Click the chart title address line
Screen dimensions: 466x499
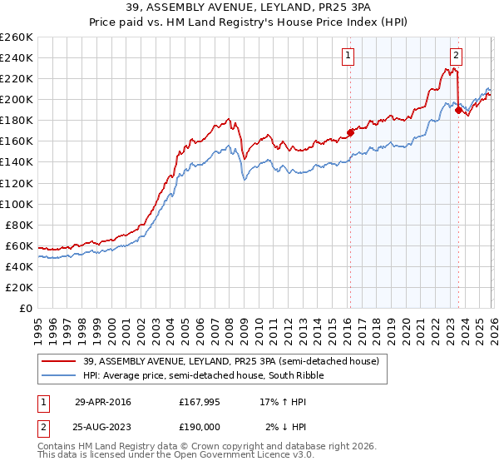pos(249,7)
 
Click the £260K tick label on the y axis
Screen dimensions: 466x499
pos(16,37)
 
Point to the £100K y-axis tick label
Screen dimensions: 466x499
pos(16,204)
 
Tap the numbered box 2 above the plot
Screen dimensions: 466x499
pos(457,57)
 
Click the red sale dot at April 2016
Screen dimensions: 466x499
pos(350,131)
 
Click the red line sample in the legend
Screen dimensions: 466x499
pos(59,361)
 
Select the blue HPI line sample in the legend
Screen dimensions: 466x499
pos(59,375)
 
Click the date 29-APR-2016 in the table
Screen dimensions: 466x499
pos(103,401)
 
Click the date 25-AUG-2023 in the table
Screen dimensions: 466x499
pos(103,428)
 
